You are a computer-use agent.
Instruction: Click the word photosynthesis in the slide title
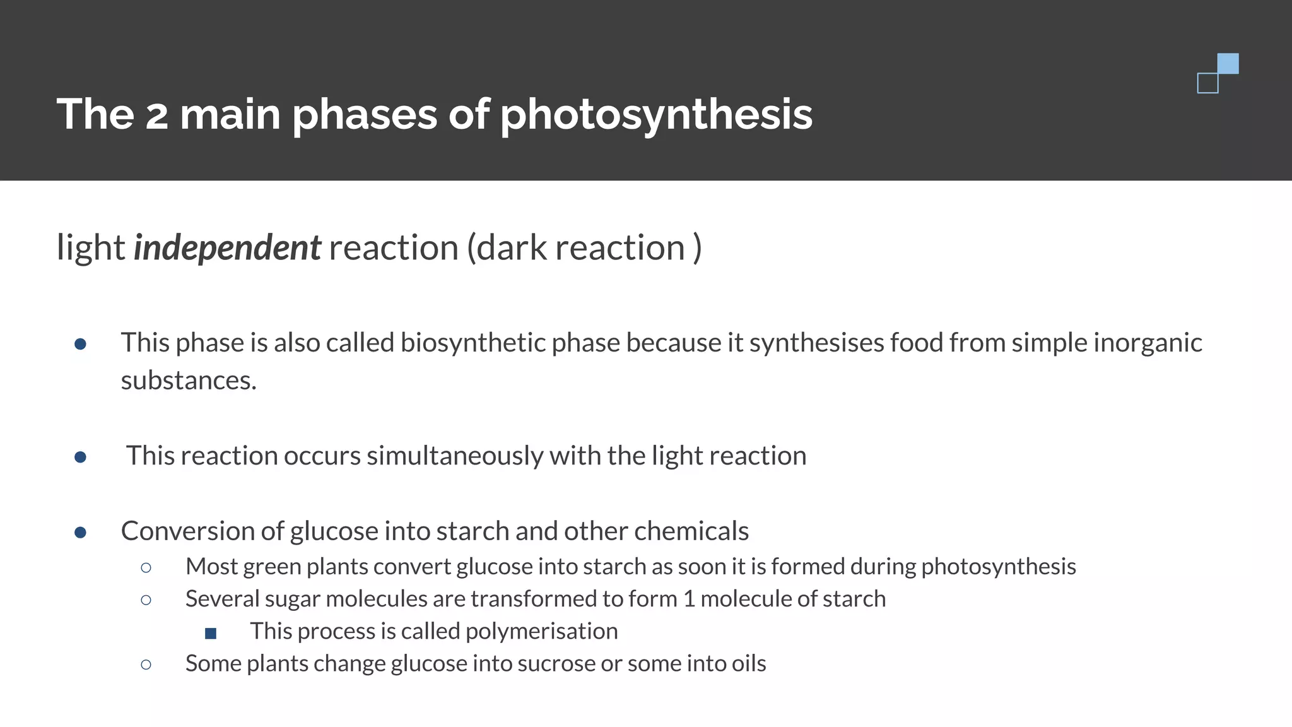(656, 115)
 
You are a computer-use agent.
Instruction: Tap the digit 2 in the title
(156, 116)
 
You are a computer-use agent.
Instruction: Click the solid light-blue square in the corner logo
(1228, 64)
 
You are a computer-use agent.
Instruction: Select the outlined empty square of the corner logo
(1207, 83)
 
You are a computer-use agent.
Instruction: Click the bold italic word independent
(227, 247)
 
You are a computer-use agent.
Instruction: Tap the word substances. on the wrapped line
(189, 381)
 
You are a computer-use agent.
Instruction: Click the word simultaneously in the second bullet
(454, 456)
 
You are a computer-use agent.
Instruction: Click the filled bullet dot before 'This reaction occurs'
(80, 457)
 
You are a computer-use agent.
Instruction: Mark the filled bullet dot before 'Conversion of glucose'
(80, 533)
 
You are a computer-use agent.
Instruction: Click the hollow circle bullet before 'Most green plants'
(146, 568)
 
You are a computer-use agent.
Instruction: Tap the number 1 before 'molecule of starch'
(689, 599)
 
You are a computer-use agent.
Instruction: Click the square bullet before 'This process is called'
(211, 633)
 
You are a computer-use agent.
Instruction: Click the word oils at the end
(749, 664)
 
